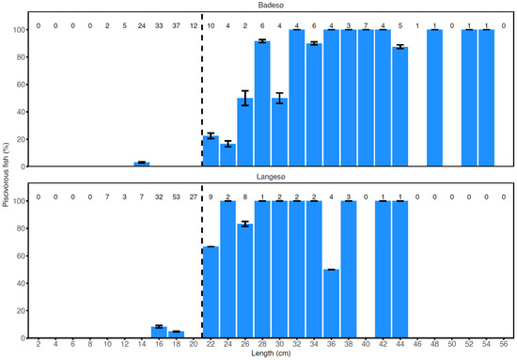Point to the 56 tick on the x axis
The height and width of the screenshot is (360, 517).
504,344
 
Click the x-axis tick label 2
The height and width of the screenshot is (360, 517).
39,344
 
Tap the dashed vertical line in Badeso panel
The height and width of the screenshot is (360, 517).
202,94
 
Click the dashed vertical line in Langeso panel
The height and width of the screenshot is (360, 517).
202,263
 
